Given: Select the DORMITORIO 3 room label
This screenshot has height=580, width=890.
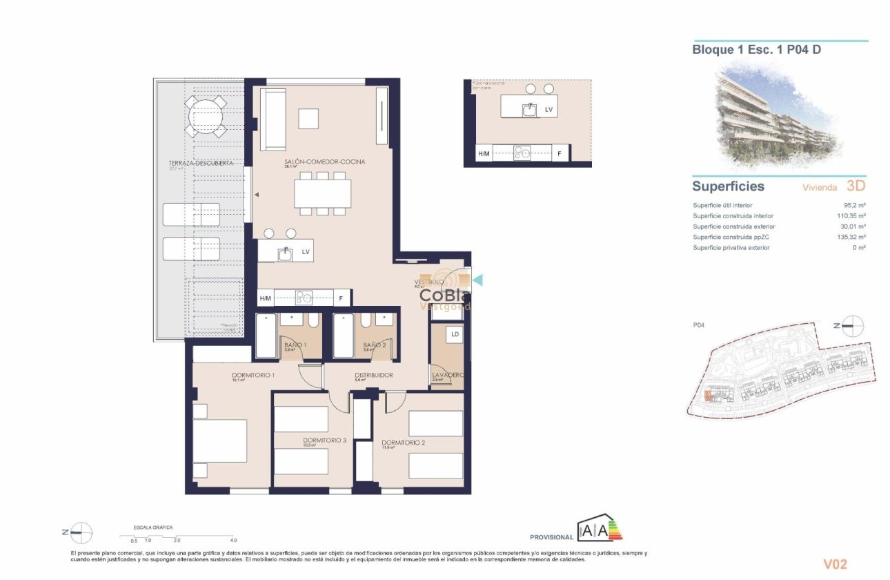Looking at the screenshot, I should [x=324, y=440].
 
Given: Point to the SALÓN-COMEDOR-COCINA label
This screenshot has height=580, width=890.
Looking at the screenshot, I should [x=324, y=162].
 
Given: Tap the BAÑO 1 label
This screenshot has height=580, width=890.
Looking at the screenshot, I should [x=295, y=345].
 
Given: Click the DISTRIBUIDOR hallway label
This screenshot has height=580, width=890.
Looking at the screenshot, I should [x=373, y=376].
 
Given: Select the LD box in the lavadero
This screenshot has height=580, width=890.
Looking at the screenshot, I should [x=455, y=334].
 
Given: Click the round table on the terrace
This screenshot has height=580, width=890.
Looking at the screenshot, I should [x=205, y=117].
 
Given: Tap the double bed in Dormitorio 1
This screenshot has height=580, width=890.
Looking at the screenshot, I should [x=219, y=441].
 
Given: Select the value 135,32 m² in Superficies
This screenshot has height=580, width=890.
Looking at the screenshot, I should [x=851, y=237].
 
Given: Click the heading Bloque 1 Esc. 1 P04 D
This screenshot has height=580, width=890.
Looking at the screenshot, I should [x=756, y=50].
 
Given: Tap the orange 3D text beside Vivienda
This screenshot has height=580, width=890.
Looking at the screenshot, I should [x=856, y=186].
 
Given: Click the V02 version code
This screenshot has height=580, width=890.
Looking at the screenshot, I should [x=835, y=564].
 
